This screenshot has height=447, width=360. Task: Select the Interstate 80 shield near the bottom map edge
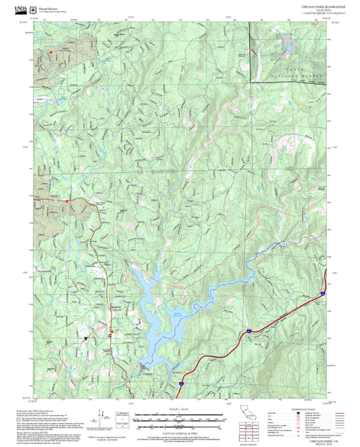[180, 383]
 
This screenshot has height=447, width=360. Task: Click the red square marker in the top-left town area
[49, 51]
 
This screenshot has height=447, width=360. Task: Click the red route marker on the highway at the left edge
[68, 201]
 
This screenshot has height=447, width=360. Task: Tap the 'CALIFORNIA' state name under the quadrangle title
[315, 9]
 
